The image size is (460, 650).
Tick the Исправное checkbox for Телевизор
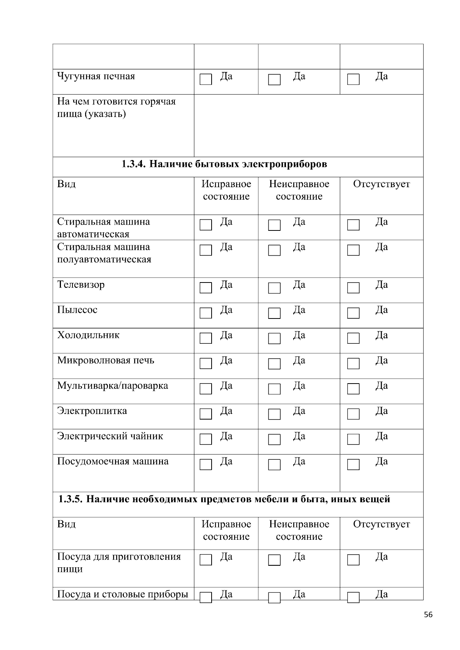(206, 288)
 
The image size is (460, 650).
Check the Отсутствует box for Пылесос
(353, 313)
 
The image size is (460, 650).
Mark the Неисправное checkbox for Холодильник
(274, 338)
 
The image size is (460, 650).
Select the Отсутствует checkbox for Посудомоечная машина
(353, 465)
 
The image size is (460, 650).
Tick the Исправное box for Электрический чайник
(206, 439)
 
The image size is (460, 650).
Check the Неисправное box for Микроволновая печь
(274, 364)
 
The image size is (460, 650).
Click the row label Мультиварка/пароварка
(112, 385)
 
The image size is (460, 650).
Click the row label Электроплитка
(92, 411)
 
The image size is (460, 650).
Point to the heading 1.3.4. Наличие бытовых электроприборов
(224, 164)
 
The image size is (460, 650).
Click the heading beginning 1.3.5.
(224, 499)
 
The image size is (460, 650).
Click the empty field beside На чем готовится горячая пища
(309, 126)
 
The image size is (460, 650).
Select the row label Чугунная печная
(96, 76)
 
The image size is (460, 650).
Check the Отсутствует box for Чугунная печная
(353, 80)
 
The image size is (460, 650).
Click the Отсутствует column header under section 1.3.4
(381, 184)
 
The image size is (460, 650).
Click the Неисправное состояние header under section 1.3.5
(299, 530)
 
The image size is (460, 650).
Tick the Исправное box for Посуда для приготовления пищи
(206, 560)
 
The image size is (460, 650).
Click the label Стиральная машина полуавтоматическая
(104, 253)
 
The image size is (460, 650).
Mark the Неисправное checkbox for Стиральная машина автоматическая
(274, 225)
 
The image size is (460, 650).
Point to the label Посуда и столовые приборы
(122, 594)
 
